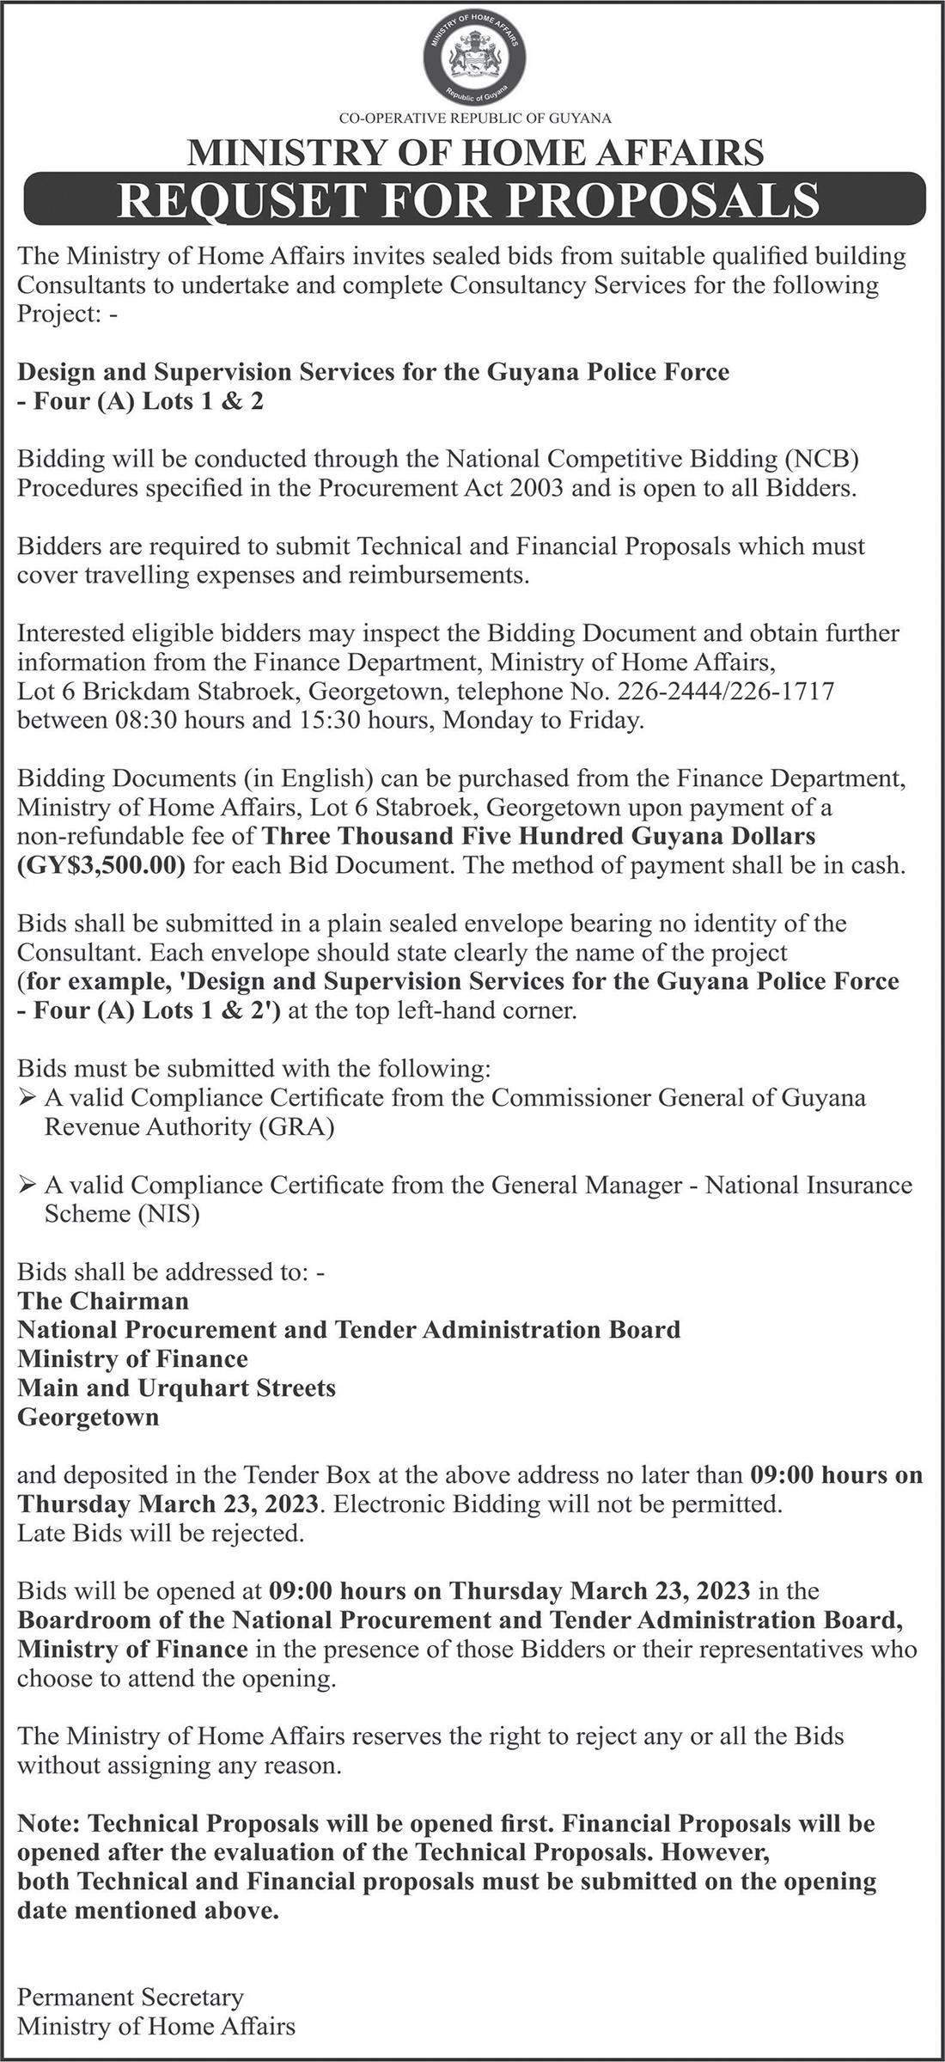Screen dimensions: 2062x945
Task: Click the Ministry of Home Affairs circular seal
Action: click(x=474, y=60)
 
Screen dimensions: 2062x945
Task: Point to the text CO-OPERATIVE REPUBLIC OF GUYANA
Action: click(x=475, y=118)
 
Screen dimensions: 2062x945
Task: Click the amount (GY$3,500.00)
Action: click(x=101, y=865)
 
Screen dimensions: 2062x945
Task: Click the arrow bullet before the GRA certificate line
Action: click(x=27, y=1098)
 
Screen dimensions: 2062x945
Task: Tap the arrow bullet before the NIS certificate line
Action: click(x=27, y=1186)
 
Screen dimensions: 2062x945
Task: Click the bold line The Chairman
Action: click(x=103, y=1301)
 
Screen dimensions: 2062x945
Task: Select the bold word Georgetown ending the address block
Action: click(x=88, y=1417)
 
